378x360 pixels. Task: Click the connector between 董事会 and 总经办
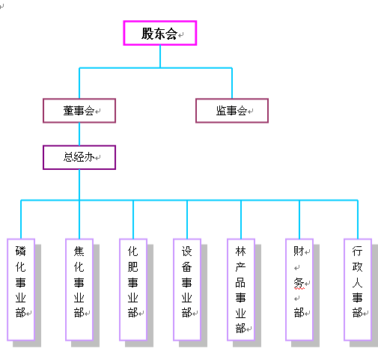[79, 134]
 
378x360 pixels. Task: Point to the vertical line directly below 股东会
[160, 56]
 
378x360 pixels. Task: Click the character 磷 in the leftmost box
[20, 251]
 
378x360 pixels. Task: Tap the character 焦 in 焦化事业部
[79, 251]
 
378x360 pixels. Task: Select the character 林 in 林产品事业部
[240, 251]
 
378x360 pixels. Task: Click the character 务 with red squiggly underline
[299, 283]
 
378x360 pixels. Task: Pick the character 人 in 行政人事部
[357, 282]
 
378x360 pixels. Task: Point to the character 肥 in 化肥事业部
[132, 266]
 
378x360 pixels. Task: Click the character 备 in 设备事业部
[186, 266]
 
